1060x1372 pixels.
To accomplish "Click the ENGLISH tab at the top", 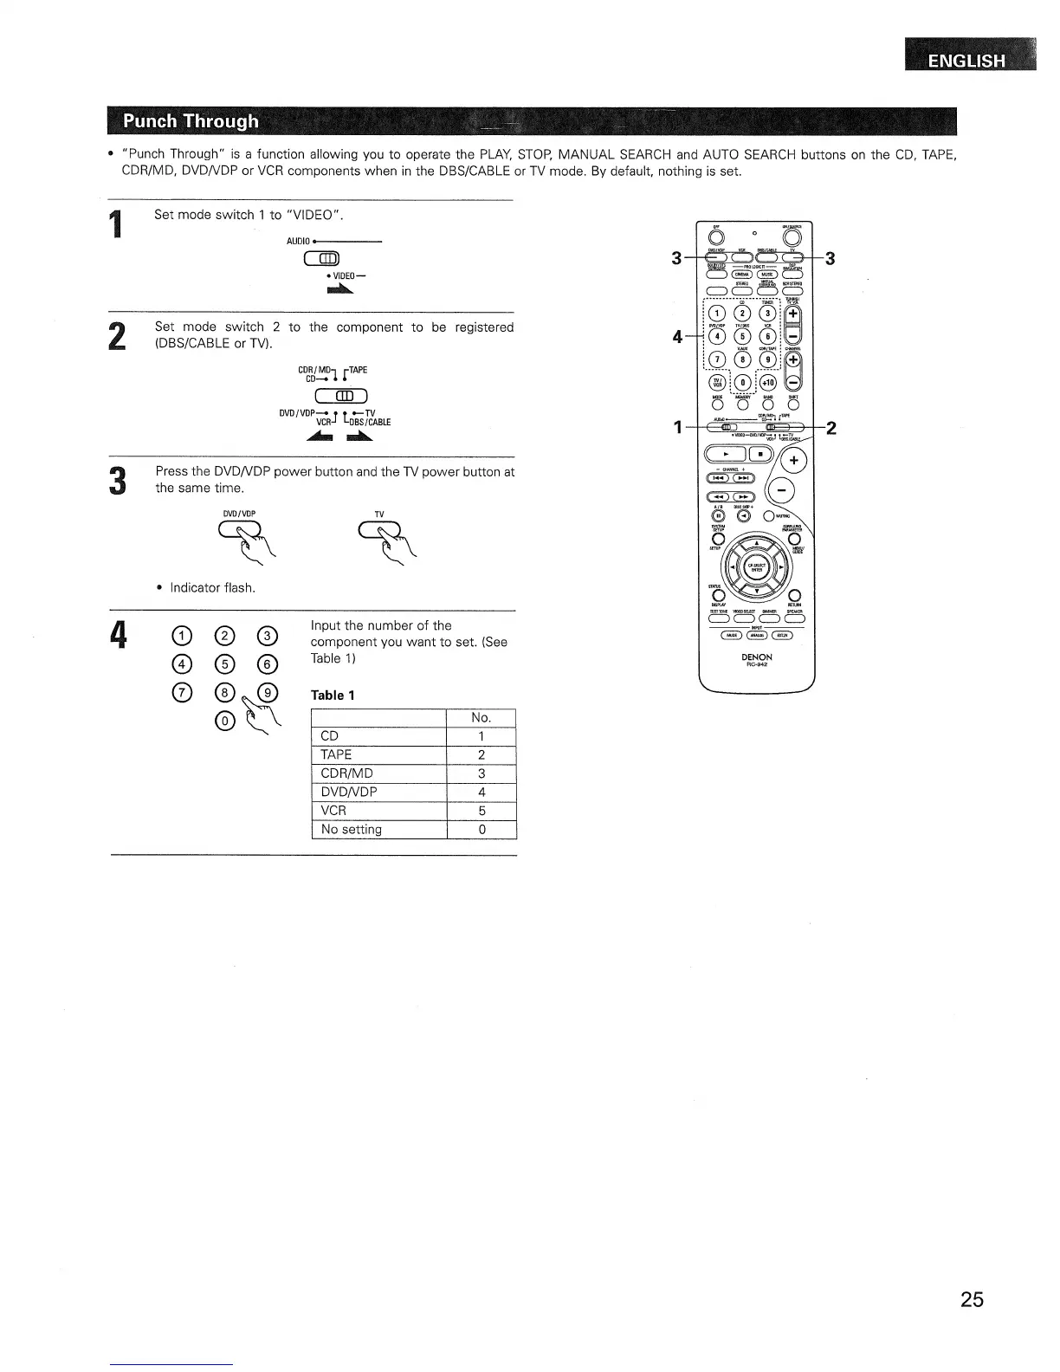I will tap(966, 61).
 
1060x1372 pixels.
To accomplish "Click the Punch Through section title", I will tap(191, 121).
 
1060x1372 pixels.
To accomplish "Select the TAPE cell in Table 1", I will tap(378, 754).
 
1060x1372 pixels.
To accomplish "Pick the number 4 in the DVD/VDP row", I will tap(482, 792).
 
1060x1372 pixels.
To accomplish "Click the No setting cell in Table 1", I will tap(378, 829).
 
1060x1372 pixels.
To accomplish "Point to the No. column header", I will tap(482, 717).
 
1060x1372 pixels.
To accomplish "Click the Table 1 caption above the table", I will tap(333, 695).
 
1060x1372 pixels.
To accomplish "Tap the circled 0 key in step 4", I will tap(224, 721).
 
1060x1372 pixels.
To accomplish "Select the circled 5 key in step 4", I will tap(224, 664).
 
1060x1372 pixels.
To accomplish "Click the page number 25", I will tap(972, 1299).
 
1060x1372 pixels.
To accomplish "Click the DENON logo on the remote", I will tap(756, 657).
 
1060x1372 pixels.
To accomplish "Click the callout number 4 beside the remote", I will tap(678, 336).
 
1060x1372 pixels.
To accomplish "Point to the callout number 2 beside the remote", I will tap(831, 427).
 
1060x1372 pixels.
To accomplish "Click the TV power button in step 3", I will tap(381, 531).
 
